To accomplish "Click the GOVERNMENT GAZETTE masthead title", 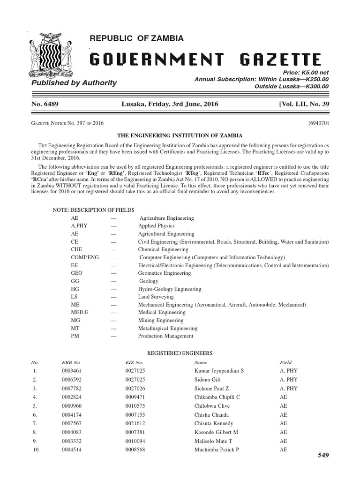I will (x=205, y=60).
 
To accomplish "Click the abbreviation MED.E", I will (x=81, y=313).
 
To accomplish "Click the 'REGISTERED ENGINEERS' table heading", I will (x=180, y=352).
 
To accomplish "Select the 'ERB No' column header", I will (x=71, y=362).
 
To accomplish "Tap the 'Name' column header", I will (x=200, y=362).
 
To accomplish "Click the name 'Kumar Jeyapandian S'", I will (x=219, y=371).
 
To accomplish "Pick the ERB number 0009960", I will (x=73, y=406).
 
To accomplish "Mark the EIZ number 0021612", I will (x=136, y=424).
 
